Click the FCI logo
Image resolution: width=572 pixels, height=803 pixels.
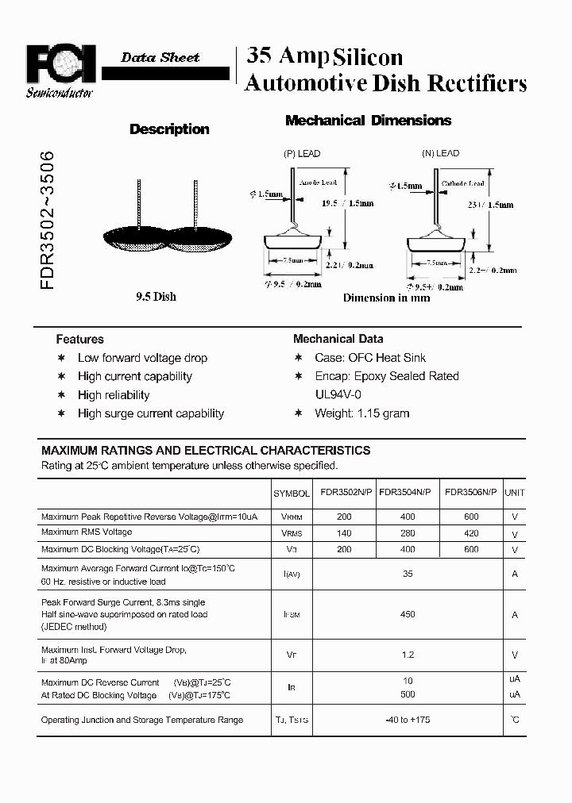pos(60,65)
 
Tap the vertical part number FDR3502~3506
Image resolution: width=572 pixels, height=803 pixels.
pos(47,220)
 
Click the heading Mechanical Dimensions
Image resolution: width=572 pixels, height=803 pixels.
pos(368,121)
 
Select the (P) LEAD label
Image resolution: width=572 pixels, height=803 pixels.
pos(302,153)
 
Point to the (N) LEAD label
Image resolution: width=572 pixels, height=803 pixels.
pos(440,153)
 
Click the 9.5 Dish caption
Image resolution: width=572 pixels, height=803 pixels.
pos(156,297)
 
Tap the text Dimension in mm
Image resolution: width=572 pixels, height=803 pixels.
pos(386,298)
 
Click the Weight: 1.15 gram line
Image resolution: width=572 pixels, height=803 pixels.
pos(361,413)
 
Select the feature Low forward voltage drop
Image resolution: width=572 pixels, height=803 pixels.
pos(142,358)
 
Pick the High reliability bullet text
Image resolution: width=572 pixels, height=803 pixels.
pos(114,395)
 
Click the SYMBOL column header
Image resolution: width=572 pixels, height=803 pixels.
pos(291,493)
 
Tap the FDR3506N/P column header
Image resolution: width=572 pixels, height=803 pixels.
pos(470,492)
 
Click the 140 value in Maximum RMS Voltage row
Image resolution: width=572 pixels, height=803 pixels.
pos(343,533)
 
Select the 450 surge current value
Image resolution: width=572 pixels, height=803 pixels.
pos(407,614)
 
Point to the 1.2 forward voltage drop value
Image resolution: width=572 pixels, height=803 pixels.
pos(407,655)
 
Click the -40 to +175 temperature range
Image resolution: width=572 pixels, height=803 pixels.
pos(407,720)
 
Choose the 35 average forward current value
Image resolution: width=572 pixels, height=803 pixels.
pos(407,574)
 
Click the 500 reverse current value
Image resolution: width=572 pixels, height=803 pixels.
pos(407,695)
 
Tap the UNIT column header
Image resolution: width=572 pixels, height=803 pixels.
pos(515,493)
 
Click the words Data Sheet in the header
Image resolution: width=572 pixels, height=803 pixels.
pos(160,57)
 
